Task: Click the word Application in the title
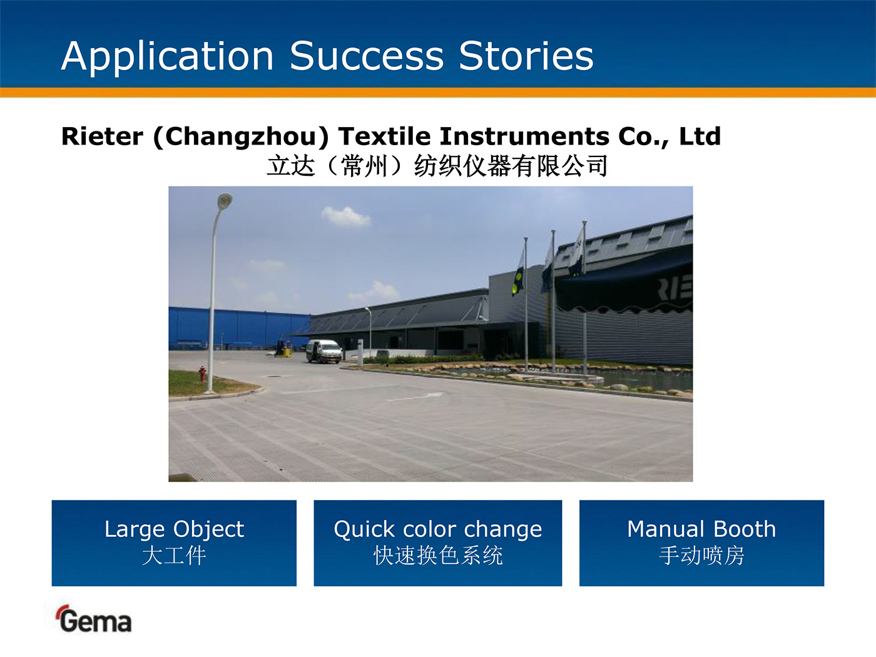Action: pyautogui.click(x=167, y=57)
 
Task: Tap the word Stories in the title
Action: pyautogui.click(x=526, y=56)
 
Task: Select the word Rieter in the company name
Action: pyautogui.click(x=102, y=136)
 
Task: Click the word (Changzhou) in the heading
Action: pyautogui.click(x=241, y=137)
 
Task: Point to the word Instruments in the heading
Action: pyautogui.click(x=524, y=136)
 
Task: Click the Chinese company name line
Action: pyautogui.click(x=437, y=166)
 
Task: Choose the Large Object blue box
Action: pyautogui.click(x=174, y=543)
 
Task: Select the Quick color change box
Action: pyautogui.click(x=438, y=543)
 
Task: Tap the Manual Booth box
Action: pyautogui.click(x=701, y=543)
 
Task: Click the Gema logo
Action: pyautogui.click(x=94, y=619)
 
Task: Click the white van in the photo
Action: pyautogui.click(x=323, y=351)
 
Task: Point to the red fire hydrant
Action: pyautogui.click(x=203, y=374)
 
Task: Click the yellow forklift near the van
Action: pyautogui.click(x=283, y=349)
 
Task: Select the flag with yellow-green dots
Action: pyautogui.click(x=519, y=275)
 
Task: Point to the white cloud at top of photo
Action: pyautogui.click(x=345, y=216)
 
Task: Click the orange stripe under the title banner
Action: pyautogui.click(x=438, y=93)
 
